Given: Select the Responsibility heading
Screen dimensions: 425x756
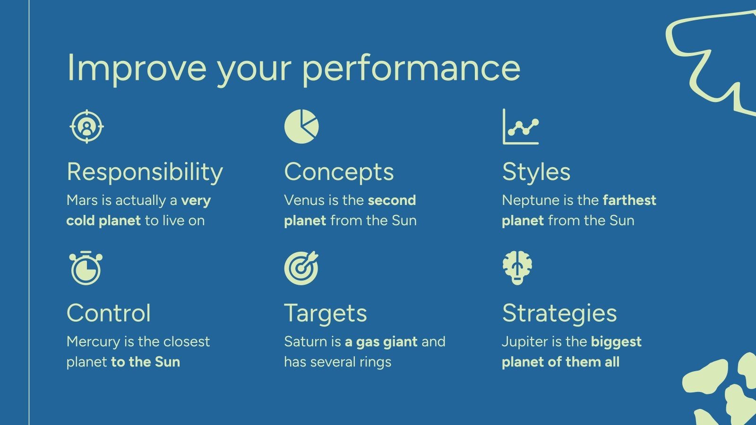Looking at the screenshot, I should [145, 172].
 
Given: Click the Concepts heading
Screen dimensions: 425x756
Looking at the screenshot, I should [339, 172].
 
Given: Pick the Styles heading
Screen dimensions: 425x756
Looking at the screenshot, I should [536, 172].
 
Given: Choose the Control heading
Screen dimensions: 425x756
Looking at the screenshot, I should [109, 313].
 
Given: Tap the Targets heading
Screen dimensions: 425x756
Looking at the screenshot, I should [326, 314].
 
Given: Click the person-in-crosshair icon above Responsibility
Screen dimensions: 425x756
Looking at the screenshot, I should [86, 127].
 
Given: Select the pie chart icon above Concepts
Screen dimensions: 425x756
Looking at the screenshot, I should [301, 127].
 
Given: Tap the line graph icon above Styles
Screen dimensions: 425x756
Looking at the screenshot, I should [521, 127].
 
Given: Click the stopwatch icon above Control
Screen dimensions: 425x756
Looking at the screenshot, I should [86, 268].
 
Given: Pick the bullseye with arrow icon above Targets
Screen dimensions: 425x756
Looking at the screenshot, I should [301, 268].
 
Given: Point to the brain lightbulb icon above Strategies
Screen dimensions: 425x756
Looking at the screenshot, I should [517, 268].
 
